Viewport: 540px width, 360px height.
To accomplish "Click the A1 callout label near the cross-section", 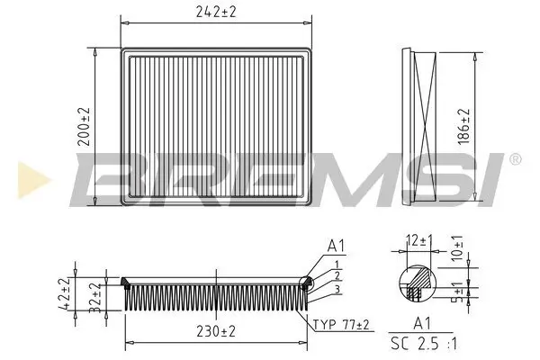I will [337, 245].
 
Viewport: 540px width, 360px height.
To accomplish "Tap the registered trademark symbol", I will [514, 159].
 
